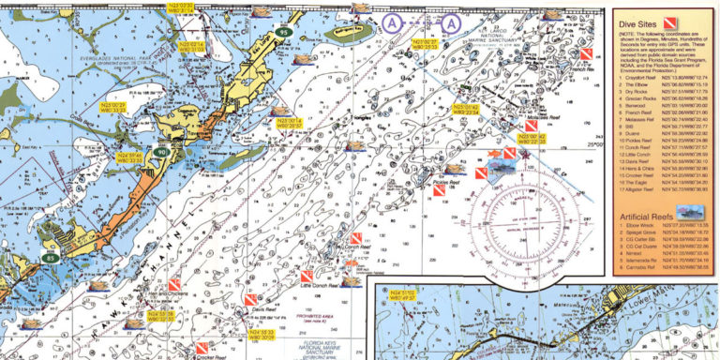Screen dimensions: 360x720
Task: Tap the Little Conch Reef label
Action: [x=321, y=282]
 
